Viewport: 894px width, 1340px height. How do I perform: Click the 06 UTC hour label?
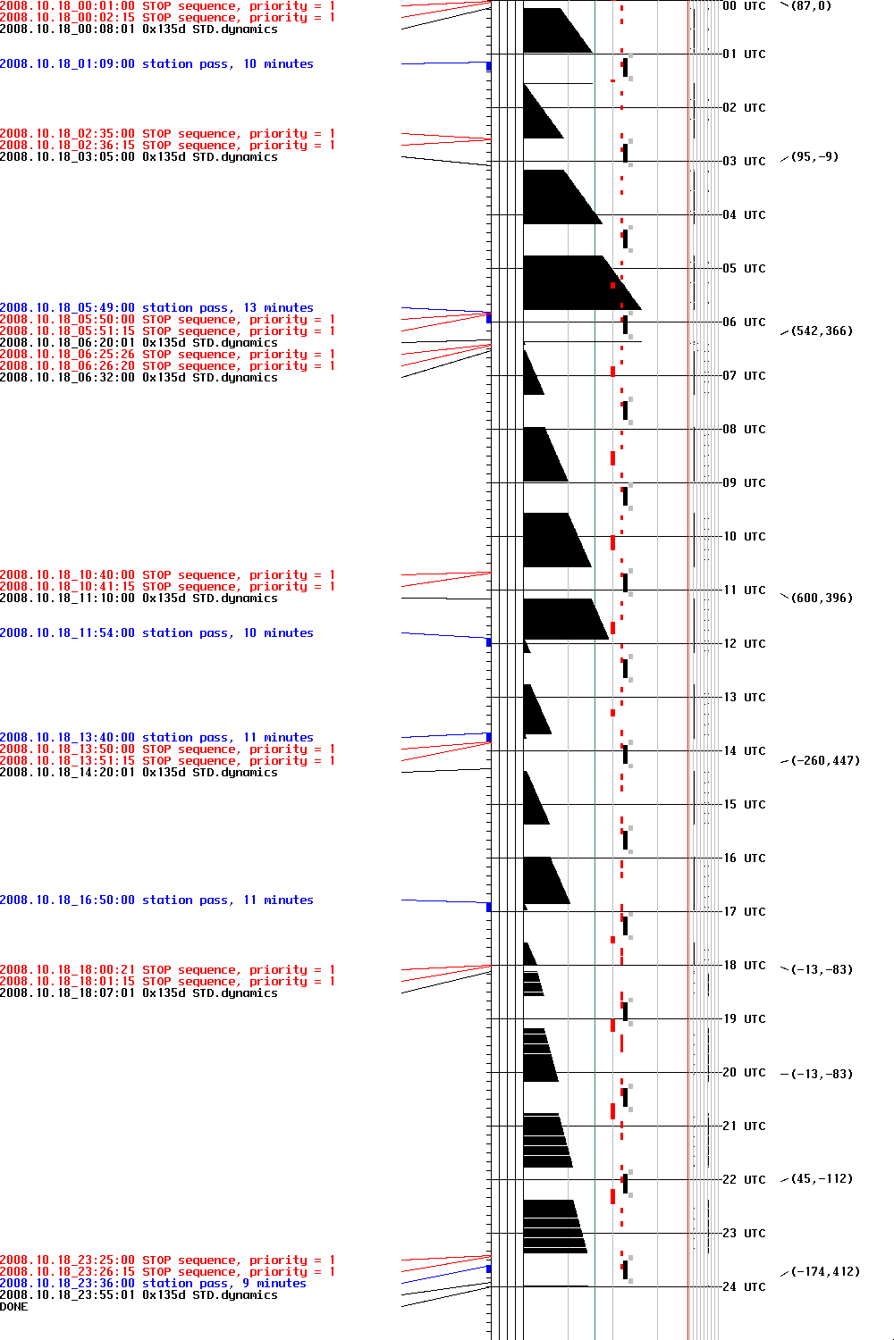(x=744, y=322)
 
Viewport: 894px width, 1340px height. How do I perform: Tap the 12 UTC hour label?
(x=744, y=643)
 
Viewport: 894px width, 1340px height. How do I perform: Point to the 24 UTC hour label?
(x=744, y=1286)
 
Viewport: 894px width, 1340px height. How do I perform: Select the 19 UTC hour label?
(x=744, y=1018)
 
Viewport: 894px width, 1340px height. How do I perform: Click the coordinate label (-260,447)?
(x=824, y=761)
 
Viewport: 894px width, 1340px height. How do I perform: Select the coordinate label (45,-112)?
(x=821, y=1179)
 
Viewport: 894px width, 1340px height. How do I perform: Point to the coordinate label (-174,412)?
(x=824, y=1272)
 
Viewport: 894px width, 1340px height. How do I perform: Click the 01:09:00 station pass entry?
(x=156, y=64)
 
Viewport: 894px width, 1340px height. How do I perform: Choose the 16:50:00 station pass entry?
(x=156, y=900)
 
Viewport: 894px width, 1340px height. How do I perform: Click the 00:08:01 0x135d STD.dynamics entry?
(x=139, y=29)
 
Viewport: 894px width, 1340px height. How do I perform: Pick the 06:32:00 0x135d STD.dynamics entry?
(x=139, y=378)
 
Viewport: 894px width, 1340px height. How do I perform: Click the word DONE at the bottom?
(x=14, y=1307)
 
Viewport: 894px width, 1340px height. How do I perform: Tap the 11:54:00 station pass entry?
(x=156, y=633)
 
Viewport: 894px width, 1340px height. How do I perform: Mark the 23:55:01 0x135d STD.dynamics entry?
(x=139, y=1295)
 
